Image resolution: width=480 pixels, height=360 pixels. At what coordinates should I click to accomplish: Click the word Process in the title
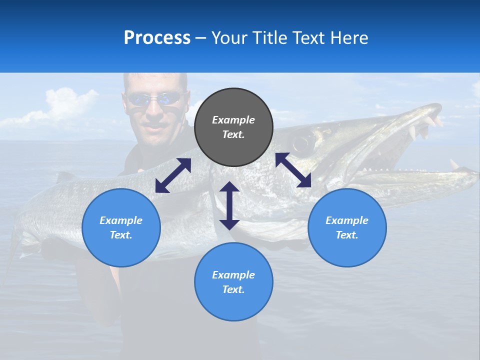157,38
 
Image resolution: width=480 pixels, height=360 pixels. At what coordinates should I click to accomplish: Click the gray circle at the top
233,127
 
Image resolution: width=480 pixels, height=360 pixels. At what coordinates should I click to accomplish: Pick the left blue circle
121,227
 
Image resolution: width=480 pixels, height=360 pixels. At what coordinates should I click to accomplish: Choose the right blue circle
347,227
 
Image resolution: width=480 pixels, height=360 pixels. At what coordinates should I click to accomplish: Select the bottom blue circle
233,282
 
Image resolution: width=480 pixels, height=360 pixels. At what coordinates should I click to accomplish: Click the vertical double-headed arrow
229,205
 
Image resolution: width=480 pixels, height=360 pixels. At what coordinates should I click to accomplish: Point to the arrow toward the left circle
173,175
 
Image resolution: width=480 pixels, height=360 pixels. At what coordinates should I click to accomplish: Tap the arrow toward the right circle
293,170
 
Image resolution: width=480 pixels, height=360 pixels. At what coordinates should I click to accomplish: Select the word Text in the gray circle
233,134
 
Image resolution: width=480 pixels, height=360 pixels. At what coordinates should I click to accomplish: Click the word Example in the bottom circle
233,275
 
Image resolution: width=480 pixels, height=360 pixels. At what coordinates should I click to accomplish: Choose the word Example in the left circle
121,220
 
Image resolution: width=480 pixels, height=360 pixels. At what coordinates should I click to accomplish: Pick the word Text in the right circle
347,235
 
